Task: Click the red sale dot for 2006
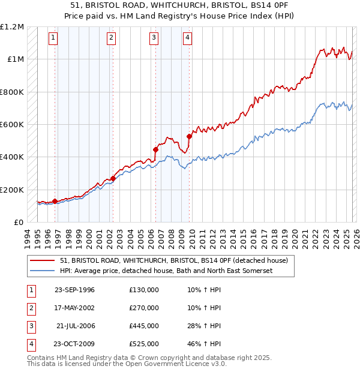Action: click(155, 149)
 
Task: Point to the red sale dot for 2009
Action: click(189, 136)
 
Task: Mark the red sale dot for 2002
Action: click(113, 178)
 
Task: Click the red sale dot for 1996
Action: click(55, 201)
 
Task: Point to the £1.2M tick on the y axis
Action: click(12, 27)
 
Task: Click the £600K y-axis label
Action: click(12, 125)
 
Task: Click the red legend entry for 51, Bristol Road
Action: click(174, 260)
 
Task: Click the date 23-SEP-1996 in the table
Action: click(74, 290)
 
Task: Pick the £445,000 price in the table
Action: click(143, 326)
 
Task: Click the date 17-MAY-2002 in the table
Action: click(74, 308)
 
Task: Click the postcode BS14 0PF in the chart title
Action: click(246, 4)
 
